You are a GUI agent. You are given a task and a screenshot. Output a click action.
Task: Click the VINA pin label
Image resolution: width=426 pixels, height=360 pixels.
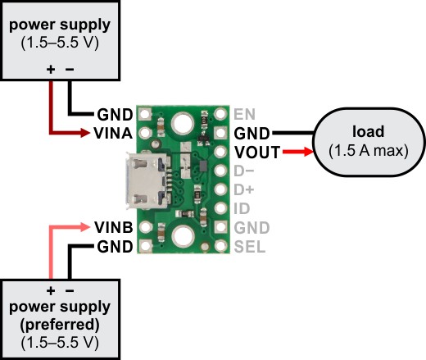[113, 134]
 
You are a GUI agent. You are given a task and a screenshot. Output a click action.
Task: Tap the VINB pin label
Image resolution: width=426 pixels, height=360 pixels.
[114, 227]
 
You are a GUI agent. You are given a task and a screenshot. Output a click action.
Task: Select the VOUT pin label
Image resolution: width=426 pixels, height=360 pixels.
[257, 153]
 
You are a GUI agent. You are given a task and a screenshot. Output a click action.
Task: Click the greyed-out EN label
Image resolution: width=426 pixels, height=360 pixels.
[244, 114]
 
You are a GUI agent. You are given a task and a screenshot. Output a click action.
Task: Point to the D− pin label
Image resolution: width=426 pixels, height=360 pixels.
[243, 171]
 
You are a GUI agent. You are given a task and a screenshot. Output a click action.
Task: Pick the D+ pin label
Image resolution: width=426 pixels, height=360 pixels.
[243, 189]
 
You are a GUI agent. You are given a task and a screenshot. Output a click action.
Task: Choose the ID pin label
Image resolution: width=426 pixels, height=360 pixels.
[242, 208]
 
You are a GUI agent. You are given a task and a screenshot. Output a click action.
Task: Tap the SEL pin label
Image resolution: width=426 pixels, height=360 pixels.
[250, 247]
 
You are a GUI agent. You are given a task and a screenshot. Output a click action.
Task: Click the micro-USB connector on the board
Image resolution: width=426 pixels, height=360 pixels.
[147, 180]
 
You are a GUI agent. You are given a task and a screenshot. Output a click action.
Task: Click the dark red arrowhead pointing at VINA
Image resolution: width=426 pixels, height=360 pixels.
[85, 133]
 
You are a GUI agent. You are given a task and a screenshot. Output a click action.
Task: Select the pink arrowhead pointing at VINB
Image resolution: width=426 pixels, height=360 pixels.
[85, 227]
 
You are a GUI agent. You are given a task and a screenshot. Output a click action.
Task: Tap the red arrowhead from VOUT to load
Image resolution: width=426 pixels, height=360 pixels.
[308, 152]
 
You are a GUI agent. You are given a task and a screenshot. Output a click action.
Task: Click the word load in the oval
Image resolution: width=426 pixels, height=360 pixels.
[368, 131]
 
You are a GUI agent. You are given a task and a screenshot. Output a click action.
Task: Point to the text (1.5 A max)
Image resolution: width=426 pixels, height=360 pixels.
[369, 151]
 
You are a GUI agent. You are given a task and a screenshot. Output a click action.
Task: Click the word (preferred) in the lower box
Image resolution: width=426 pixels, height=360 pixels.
[60, 325]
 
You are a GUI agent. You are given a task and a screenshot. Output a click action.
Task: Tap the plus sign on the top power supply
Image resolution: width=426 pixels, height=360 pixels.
[51, 70]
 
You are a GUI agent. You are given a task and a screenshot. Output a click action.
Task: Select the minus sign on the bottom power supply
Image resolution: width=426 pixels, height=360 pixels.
[70, 291]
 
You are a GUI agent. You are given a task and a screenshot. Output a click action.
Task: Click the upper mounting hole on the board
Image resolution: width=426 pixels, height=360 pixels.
[182, 124]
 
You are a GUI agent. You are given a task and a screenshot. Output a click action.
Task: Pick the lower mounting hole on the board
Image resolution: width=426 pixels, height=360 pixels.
[182, 237]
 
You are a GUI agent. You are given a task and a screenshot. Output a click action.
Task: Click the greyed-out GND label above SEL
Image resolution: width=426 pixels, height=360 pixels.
[252, 228]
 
